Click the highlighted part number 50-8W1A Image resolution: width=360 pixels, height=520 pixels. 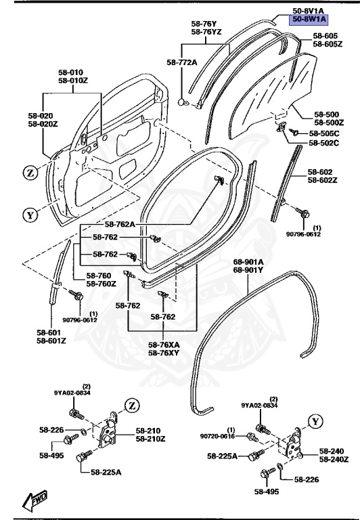(309, 20)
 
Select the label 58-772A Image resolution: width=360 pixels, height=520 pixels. (181, 62)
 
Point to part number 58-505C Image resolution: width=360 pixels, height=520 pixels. (324, 133)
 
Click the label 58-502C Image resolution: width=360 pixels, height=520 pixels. (324, 144)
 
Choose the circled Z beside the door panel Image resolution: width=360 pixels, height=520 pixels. (30, 173)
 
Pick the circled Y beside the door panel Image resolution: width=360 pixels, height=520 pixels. (30, 215)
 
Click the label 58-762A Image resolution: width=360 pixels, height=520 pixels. (120, 225)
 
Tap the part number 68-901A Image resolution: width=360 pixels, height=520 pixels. (248, 262)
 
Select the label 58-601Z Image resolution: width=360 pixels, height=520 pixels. (51, 341)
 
